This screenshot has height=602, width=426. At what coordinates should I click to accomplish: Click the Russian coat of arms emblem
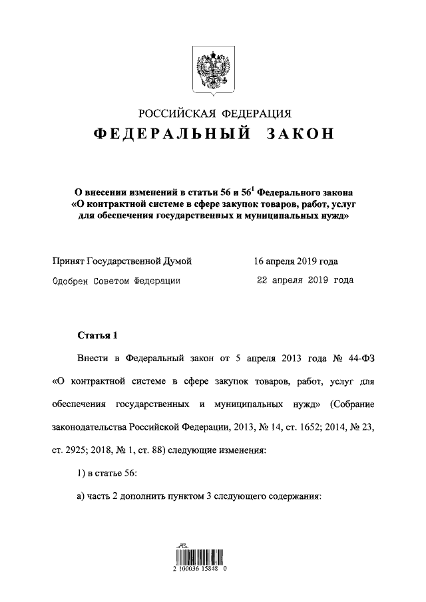coord(214,68)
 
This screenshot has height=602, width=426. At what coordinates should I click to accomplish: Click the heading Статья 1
coord(97,335)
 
